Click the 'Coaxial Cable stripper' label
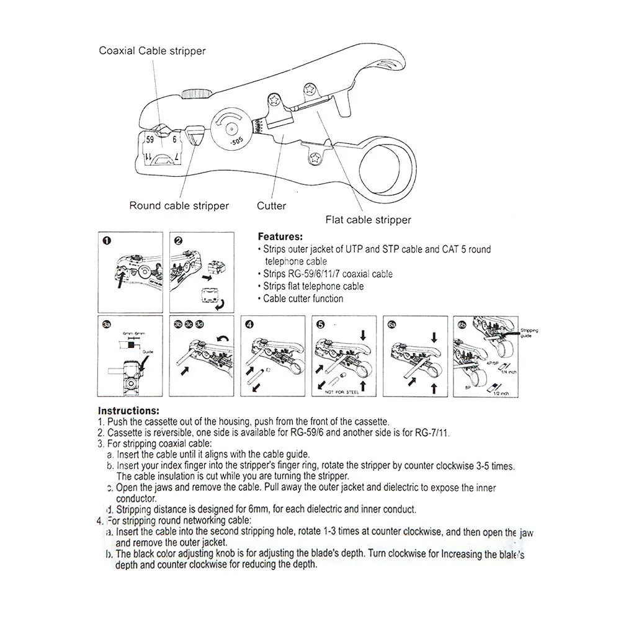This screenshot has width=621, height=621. coord(152,51)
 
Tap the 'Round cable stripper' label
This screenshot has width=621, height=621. coord(179,206)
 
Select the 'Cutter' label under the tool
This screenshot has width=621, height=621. coord(272,206)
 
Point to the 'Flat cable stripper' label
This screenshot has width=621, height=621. coord(369,220)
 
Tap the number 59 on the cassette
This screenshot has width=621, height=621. coord(150,140)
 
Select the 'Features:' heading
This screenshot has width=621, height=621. coord(280,236)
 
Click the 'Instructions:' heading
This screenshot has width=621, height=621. coord(128,411)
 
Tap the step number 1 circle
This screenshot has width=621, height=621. coord(107,241)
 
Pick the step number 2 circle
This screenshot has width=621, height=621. coord(179,241)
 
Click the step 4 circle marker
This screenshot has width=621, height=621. coord(249,324)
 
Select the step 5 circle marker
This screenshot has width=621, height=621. coord(321,324)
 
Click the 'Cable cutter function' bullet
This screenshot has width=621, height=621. coord(303,298)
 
